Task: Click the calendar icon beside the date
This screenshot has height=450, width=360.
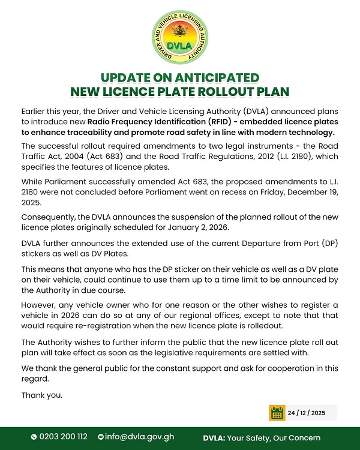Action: [x=277, y=413]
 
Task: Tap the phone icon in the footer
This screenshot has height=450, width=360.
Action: [x=34, y=437]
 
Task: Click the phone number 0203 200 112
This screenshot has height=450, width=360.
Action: [x=64, y=437]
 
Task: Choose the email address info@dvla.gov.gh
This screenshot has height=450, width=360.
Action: [x=140, y=437]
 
